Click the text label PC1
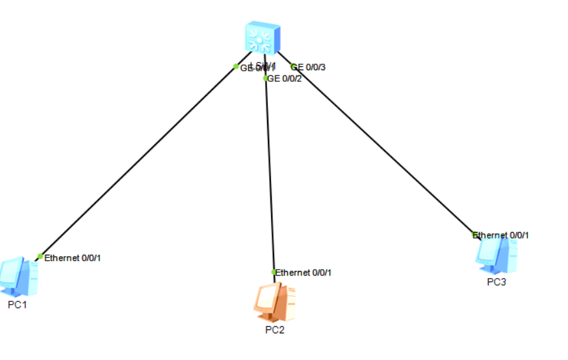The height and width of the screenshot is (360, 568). click(x=18, y=304)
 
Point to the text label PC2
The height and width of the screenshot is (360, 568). click(x=274, y=330)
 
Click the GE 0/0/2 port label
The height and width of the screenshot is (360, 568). click(x=285, y=79)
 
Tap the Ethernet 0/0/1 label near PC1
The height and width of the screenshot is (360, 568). click(x=72, y=258)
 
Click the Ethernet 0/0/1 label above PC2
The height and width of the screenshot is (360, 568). click(x=303, y=273)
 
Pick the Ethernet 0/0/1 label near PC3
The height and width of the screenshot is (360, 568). click(x=501, y=235)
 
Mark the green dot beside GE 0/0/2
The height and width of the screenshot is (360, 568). click(x=266, y=79)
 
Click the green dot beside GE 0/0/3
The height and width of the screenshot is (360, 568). click(x=293, y=66)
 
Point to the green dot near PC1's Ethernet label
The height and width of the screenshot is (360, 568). click(x=40, y=257)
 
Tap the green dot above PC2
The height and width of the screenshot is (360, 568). click(x=274, y=272)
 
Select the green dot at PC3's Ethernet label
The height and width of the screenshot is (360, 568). click(x=475, y=235)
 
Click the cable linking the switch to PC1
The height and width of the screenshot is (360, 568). click(x=136, y=162)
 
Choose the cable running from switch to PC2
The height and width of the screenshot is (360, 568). click(x=270, y=175)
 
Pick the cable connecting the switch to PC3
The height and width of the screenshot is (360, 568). click(x=383, y=149)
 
